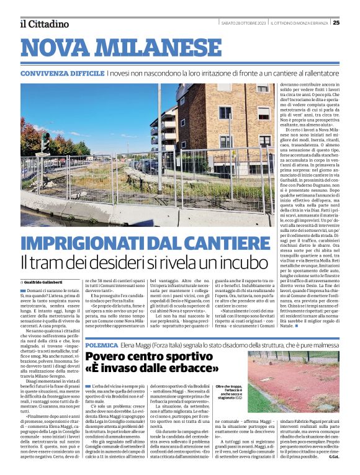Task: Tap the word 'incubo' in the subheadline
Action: click(266, 261)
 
